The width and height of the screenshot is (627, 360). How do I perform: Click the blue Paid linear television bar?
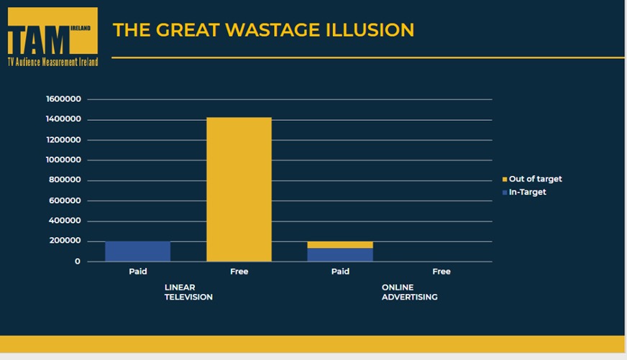click(x=137, y=251)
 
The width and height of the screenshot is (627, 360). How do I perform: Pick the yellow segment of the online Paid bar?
click(x=340, y=245)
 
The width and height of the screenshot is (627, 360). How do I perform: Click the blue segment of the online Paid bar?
click(x=340, y=254)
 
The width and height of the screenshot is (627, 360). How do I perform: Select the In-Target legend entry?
click(x=527, y=193)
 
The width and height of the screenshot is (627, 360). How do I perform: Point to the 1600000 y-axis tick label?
click(x=63, y=99)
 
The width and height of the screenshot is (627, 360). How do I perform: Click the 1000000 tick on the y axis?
click(x=63, y=160)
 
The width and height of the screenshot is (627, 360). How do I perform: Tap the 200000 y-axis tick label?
click(x=65, y=241)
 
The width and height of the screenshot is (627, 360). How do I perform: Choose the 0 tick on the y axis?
click(x=78, y=262)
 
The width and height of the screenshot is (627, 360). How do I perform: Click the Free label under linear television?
click(x=239, y=272)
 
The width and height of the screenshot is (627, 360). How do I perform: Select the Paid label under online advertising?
click(x=340, y=272)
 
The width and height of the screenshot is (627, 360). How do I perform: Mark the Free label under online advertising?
click(x=441, y=272)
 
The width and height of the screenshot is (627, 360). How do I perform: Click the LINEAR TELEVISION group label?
click(x=188, y=292)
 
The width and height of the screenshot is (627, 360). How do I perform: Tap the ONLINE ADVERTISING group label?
click(x=409, y=292)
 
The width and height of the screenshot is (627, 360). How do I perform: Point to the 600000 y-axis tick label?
click(x=65, y=200)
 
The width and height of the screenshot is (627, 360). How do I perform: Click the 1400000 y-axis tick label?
click(x=63, y=119)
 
